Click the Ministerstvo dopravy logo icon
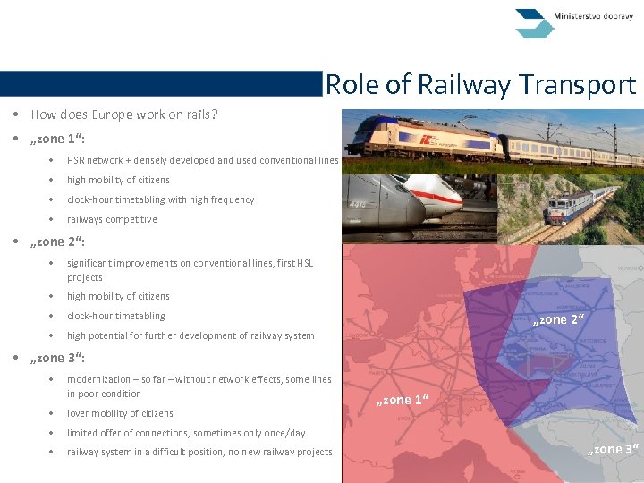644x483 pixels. (535, 22)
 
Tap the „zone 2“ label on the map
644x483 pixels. (558, 319)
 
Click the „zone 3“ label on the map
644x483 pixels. (613, 449)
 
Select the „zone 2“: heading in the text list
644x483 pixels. (58, 241)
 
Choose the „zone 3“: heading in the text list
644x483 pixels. (58, 358)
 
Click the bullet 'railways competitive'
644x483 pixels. (112, 219)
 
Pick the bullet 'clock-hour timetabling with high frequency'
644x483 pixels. (160, 199)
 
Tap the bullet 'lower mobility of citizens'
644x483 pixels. (120, 413)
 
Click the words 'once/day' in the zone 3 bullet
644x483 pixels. (284, 433)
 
